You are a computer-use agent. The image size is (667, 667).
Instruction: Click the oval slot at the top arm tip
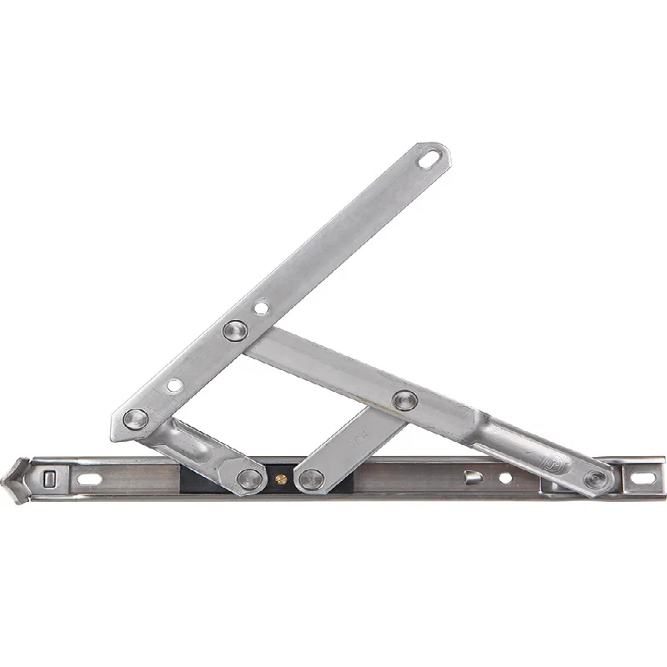point(431,157)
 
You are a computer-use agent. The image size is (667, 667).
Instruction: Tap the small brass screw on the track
point(281,479)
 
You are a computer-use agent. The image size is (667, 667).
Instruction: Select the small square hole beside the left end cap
point(52,478)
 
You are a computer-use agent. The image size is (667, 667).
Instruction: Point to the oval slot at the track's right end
point(642,479)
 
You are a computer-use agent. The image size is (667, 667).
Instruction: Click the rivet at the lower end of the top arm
point(134,419)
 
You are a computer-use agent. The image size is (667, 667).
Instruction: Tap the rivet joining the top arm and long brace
point(235,331)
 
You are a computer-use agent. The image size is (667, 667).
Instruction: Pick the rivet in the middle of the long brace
point(404,401)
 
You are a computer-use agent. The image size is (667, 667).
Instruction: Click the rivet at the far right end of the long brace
point(595,479)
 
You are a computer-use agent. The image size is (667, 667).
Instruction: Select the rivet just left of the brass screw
point(248,479)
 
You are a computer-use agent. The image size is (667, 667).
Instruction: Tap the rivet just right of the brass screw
point(312,479)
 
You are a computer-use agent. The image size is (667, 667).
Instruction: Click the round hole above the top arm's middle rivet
point(261,308)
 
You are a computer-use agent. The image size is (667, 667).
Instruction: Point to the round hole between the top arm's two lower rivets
point(173,385)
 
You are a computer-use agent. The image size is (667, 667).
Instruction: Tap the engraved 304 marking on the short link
point(356,441)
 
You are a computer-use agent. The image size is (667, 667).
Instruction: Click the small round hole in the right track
point(504,479)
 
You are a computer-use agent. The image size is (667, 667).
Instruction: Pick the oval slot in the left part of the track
point(88,479)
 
